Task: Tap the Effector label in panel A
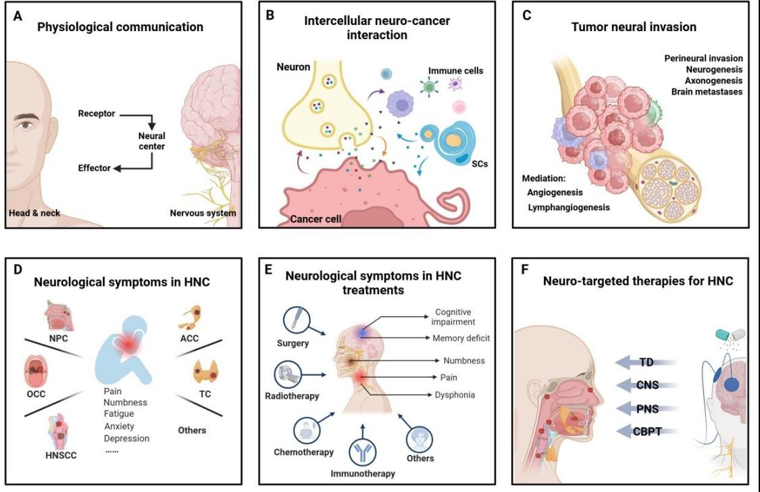(x=94, y=168)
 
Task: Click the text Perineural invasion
(x=704, y=59)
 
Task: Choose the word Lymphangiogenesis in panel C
(x=568, y=207)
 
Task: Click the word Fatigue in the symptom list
(x=119, y=414)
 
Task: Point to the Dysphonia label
(x=455, y=394)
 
